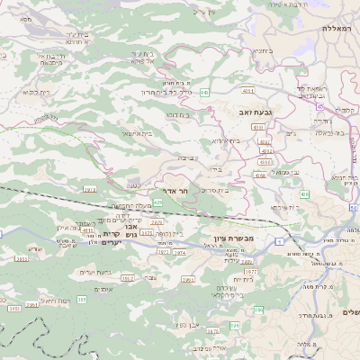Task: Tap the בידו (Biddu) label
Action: [214, 167]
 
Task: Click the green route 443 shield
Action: [205, 92]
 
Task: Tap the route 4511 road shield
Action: [247, 91]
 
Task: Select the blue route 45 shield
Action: [319, 105]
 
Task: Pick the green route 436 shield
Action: [304, 193]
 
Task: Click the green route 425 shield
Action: [158, 203]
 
